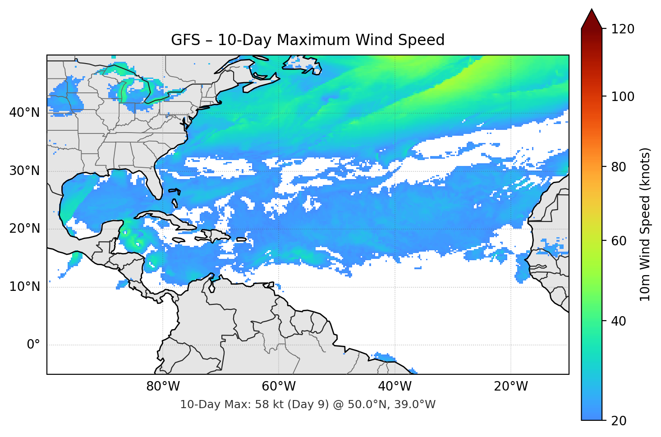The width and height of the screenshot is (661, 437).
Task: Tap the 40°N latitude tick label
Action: (24, 113)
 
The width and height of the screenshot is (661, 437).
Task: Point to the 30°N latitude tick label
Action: (24, 171)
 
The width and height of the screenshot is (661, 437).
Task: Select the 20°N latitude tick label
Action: (24, 229)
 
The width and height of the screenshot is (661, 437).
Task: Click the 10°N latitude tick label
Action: (24, 287)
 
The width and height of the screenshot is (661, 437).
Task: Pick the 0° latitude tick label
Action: (33, 345)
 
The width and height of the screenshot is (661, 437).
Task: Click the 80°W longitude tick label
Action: (163, 386)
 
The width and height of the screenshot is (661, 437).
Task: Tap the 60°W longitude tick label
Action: (279, 386)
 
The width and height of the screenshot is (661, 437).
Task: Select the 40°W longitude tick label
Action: (395, 386)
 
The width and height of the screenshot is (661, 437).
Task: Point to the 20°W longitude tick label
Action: (510, 386)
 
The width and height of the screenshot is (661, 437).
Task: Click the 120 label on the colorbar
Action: (623, 29)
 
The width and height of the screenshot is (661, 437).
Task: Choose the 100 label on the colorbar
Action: (623, 97)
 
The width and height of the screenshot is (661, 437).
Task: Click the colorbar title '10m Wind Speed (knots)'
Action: (645, 224)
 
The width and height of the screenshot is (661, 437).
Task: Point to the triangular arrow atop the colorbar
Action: (592, 19)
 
